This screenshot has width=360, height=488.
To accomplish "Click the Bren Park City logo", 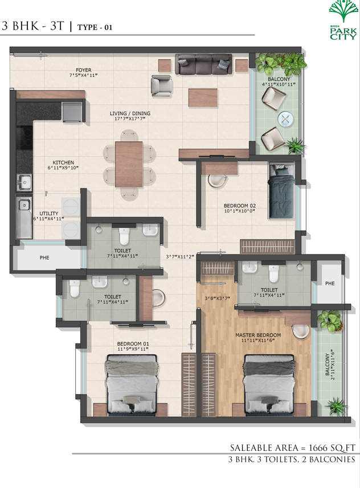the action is (x=343, y=20).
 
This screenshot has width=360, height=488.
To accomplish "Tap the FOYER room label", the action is (x=84, y=70).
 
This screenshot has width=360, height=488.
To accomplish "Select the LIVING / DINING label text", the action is (x=130, y=113).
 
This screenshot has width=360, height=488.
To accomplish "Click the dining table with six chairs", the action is (x=129, y=165).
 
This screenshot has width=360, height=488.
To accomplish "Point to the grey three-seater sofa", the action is (x=204, y=64).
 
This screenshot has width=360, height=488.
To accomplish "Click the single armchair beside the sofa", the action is (x=162, y=85).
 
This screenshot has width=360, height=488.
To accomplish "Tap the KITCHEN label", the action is (x=63, y=162).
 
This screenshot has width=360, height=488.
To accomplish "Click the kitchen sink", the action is (x=24, y=182).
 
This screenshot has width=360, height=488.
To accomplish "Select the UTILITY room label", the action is (x=48, y=214).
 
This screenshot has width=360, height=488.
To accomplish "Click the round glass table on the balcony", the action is (x=285, y=119).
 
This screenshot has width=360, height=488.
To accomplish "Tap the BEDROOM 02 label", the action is (x=240, y=206).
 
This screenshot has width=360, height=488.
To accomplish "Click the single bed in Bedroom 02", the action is (x=281, y=190).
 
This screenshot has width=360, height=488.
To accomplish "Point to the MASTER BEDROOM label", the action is (x=258, y=335).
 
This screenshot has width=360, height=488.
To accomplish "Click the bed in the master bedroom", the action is (x=269, y=385).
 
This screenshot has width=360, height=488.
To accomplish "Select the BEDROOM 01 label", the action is (x=133, y=343).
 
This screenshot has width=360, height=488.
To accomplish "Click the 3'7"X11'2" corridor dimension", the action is (x=180, y=257).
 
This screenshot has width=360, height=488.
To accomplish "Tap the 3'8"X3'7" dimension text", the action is (x=218, y=298).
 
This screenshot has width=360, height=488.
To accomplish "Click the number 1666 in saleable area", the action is (x=318, y=448).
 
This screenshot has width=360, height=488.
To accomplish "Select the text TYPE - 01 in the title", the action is (x=95, y=27).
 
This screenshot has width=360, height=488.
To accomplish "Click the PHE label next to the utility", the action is (x=44, y=258).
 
